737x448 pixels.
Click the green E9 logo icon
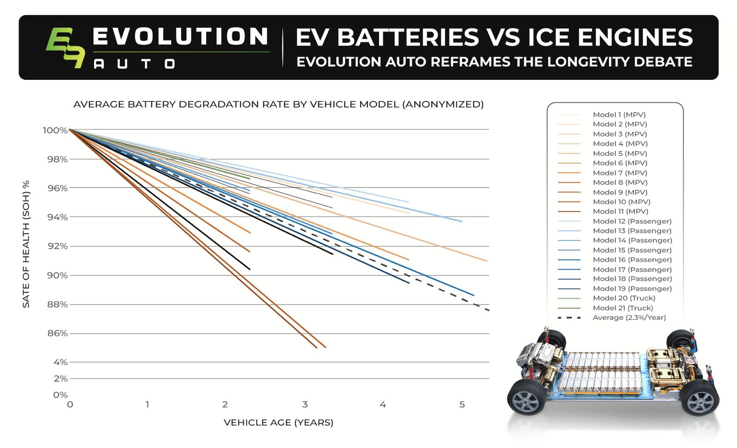(65, 47)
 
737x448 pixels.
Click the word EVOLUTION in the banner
(180, 37)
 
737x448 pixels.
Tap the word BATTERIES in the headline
(408, 37)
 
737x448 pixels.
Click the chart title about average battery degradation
(278, 104)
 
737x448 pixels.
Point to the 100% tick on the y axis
(55, 130)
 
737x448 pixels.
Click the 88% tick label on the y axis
(57, 304)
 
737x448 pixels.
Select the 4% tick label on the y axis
(60, 362)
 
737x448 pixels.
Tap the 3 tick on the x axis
(304, 405)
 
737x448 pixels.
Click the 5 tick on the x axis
(462, 405)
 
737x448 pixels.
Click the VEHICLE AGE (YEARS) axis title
(278, 422)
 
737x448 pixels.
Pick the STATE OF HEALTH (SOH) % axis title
(26, 244)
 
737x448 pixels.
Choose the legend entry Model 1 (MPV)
(619, 115)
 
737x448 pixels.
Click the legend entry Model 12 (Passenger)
(632, 221)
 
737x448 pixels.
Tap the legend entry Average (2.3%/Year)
(629, 318)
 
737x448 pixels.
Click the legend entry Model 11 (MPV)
(620, 212)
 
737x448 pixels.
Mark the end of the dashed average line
(488, 310)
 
